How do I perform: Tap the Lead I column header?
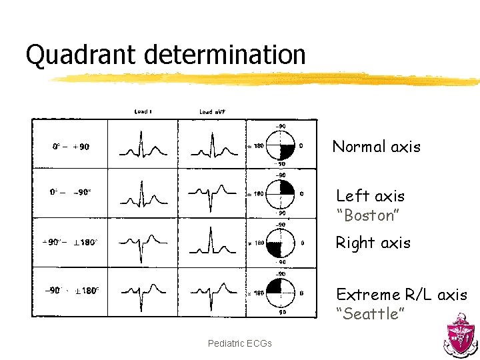(142, 111)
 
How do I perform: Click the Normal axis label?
(376, 147)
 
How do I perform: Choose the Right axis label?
(373, 243)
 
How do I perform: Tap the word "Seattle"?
(369, 314)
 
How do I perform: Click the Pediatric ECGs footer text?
(239, 343)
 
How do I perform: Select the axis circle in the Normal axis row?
(279, 145)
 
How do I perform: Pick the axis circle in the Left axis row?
(279, 194)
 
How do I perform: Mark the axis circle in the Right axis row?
(279, 243)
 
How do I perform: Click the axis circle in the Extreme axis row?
(279, 292)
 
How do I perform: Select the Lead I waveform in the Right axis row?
(142, 243)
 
